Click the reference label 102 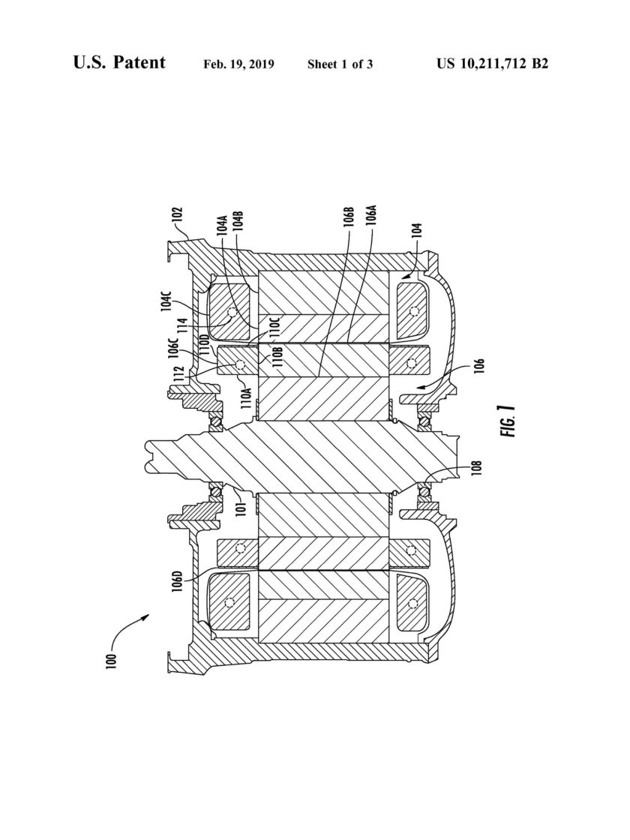point(179,219)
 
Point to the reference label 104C point(166,297)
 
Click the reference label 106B point(349,217)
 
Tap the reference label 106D point(178,584)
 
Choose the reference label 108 point(478,468)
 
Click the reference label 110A point(247,398)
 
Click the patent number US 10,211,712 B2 point(492,64)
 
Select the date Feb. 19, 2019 point(239,64)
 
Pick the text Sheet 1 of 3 point(340,64)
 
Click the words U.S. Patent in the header point(119,62)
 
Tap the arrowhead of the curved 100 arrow point(145,617)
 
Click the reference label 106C point(173,347)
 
